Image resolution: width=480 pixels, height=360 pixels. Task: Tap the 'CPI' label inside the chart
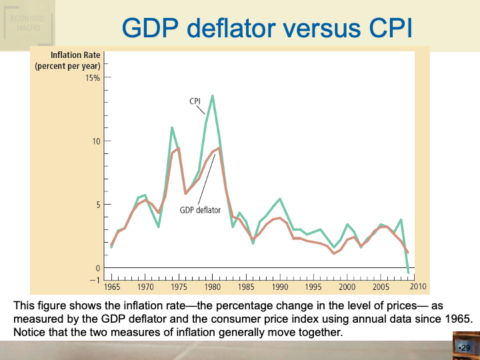(x=195, y=101)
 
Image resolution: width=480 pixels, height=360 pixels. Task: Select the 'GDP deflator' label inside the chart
(x=200, y=209)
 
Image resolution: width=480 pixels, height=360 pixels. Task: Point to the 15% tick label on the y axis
(x=92, y=78)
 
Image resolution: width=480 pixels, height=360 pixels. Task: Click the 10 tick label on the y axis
(x=96, y=141)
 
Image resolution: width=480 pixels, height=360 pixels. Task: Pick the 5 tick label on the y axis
(x=97, y=205)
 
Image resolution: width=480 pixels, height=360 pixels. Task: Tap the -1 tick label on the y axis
(x=95, y=280)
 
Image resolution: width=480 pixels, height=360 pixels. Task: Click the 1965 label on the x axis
(x=112, y=287)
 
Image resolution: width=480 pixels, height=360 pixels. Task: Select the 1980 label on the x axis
(x=213, y=287)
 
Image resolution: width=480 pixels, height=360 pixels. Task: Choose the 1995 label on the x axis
(x=313, y=287)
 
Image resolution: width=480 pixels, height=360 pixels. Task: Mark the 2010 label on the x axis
(x=418, y=287)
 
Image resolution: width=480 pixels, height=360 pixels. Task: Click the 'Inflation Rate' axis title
(x=75, y=55)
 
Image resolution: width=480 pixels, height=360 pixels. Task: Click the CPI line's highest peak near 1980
(x=213, y=95)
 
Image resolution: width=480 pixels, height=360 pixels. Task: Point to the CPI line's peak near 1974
(x=172, y=127)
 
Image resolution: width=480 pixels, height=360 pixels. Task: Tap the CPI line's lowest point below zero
(x=408, y=272)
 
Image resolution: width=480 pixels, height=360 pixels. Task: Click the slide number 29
(x=465, y=348)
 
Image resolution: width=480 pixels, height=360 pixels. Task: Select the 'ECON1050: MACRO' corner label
(x=27, y=23)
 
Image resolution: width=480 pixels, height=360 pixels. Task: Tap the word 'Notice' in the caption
(x=29, y=332)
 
